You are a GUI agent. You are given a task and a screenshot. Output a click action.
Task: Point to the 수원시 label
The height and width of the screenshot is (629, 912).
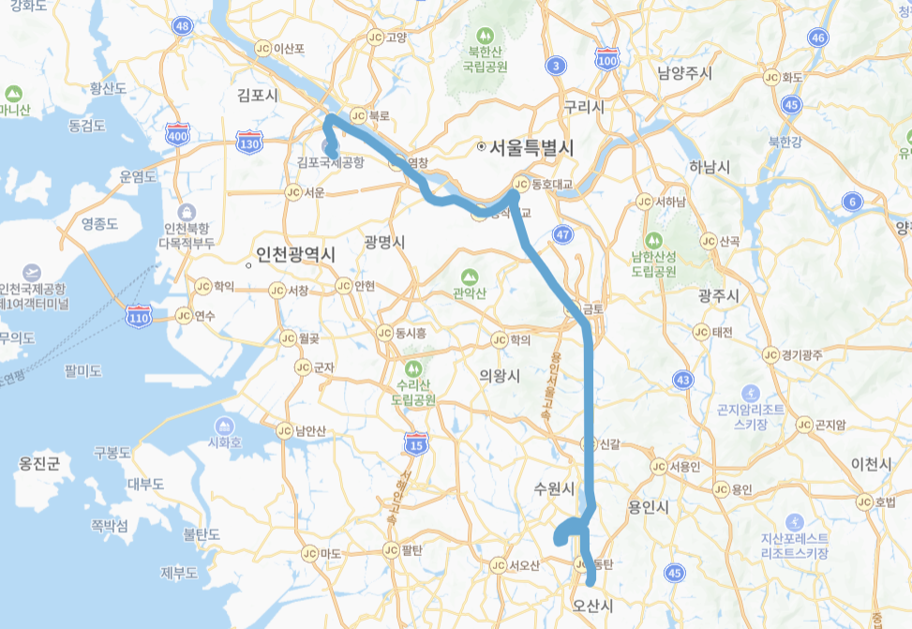553,488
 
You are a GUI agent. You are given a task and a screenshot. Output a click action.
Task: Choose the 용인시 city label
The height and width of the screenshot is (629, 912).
648,507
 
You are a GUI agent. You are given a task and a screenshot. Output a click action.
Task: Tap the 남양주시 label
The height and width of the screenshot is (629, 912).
685,73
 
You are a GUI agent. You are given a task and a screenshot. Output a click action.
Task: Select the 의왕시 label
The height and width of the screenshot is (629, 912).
499,374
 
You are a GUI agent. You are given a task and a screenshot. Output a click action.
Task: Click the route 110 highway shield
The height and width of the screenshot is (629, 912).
139,317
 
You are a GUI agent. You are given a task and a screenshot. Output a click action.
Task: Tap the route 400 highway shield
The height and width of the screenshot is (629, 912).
176,136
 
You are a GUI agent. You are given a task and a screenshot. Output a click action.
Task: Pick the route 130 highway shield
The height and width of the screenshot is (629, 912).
248,143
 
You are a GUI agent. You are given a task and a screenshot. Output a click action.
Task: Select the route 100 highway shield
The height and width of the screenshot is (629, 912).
608,60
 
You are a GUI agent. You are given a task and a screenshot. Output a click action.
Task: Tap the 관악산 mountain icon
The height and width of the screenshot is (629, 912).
470,277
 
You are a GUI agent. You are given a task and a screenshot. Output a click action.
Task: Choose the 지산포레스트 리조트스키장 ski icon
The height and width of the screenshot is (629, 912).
795,521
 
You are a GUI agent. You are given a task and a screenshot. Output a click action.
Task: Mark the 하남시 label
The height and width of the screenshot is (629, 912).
709,167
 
